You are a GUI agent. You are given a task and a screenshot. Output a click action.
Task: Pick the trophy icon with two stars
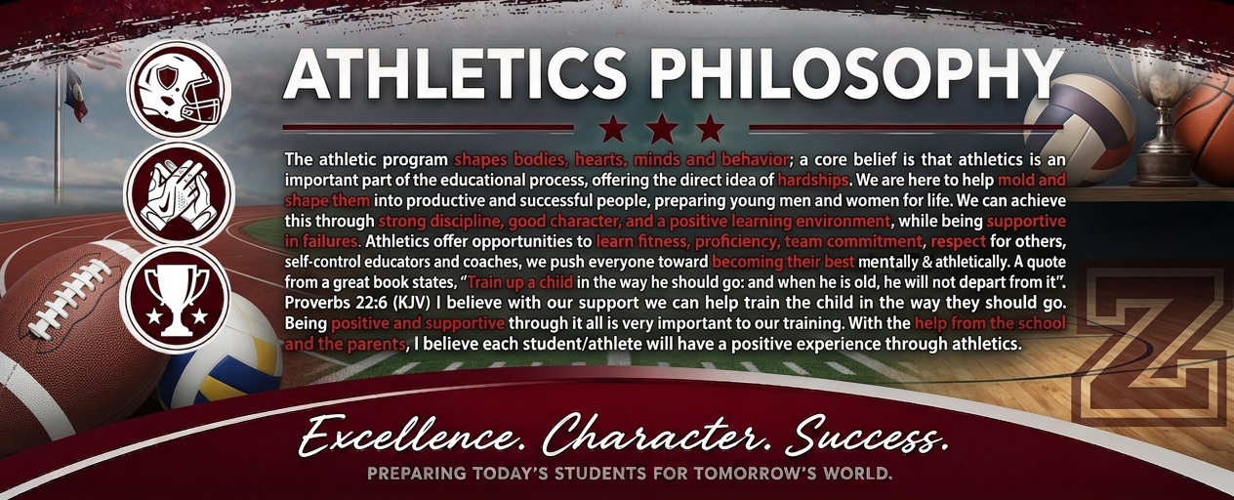(176, 301)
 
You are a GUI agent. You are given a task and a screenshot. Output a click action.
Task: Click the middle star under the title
(662, 129)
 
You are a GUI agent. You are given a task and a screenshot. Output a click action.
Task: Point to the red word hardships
(812, 180)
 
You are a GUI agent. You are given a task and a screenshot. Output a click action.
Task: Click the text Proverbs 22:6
(337, 303)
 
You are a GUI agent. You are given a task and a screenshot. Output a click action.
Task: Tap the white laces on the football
(70, 297)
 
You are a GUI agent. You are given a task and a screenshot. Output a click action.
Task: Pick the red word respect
(958, 241)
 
